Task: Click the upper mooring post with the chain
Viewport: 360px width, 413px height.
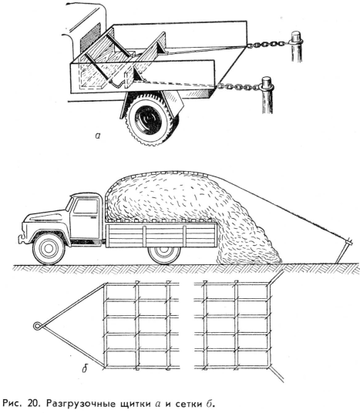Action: point(296,47)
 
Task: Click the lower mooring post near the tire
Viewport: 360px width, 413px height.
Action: point(267,95)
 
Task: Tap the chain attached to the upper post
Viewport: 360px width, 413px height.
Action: point(268,44)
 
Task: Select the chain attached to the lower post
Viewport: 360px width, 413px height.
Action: point(238,86)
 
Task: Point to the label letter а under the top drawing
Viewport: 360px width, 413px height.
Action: point(98,136)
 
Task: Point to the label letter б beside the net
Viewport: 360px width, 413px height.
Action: point(84,369)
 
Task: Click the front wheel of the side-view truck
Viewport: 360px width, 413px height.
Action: point(49,248)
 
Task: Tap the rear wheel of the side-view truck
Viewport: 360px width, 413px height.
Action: point(164,252)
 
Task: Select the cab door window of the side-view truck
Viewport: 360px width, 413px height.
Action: point(86,206)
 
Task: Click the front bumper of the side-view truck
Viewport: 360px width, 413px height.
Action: point(20,239)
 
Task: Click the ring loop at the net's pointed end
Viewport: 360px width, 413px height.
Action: point(38,326)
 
